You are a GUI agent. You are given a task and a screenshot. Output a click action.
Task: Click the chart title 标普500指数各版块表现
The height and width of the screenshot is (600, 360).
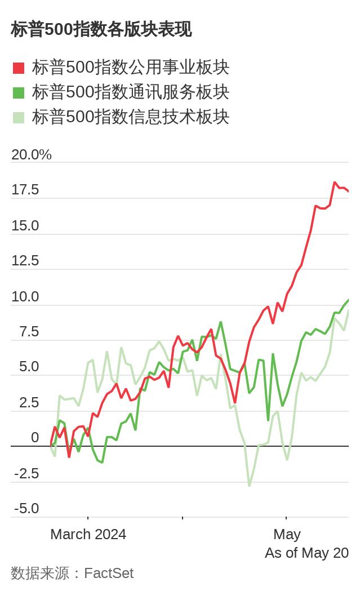(x=101, y=30)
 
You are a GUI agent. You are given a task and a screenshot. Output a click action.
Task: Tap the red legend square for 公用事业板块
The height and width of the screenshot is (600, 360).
(x=19, y=68)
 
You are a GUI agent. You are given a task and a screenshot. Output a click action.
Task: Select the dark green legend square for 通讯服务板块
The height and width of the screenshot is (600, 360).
(x=19, y=92)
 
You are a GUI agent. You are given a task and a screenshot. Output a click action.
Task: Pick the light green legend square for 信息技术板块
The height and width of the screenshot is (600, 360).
(x=19, y=118)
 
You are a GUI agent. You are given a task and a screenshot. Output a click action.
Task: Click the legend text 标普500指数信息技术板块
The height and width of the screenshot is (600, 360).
(x=131, y=117)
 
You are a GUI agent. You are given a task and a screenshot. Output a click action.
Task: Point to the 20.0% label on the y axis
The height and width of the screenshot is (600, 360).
(x=32, y=154)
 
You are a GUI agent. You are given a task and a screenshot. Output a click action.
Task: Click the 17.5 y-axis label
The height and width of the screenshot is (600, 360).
(x=25, y=190)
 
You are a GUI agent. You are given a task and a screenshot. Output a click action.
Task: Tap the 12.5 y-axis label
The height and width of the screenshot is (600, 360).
(x=25, y=261)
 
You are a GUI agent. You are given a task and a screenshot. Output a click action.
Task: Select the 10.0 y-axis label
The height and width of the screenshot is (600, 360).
(x=25, y=296)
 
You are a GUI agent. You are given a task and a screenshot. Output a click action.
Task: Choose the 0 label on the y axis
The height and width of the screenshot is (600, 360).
(x=35, y=438)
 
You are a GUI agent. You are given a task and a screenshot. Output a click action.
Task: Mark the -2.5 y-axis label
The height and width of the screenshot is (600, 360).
(x=26, y=474)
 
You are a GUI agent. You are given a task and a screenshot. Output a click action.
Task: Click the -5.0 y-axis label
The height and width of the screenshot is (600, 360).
(x=26, y=509)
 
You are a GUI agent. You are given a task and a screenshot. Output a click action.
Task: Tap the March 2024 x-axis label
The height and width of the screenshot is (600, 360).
(x=88, y=535)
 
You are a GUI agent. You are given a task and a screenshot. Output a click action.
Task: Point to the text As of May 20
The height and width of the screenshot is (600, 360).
(x=307, y=553)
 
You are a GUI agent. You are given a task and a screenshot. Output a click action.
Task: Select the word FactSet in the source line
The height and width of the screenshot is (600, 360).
(x=109, y=573)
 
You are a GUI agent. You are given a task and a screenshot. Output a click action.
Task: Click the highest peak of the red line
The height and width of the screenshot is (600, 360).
(x=335, y=183)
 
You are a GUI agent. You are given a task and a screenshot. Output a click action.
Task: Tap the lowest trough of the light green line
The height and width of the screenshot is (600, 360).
(x=250, y=486)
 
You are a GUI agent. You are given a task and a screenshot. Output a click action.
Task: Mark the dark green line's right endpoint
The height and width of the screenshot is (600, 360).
(x=348, y=300)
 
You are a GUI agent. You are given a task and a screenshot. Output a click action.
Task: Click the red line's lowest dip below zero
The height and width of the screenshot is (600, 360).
(x=69, y=456)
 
